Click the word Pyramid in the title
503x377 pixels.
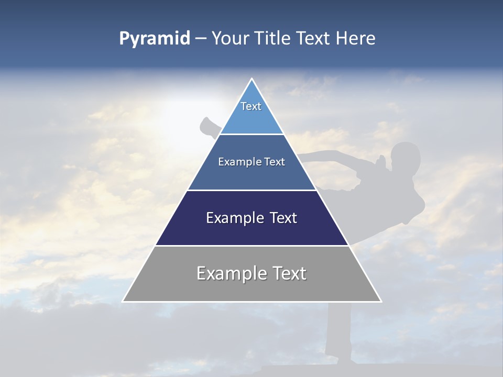coord(154,39)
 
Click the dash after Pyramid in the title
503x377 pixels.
coord(201,39)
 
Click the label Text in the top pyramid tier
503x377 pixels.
coord(251,106)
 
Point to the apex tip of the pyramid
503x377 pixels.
coord(252,79)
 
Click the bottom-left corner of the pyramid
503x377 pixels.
coord(123,301)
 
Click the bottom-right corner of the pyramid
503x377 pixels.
coord(380,301)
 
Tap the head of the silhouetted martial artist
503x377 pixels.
coord(405,158)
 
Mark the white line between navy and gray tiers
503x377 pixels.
coord(252,246)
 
